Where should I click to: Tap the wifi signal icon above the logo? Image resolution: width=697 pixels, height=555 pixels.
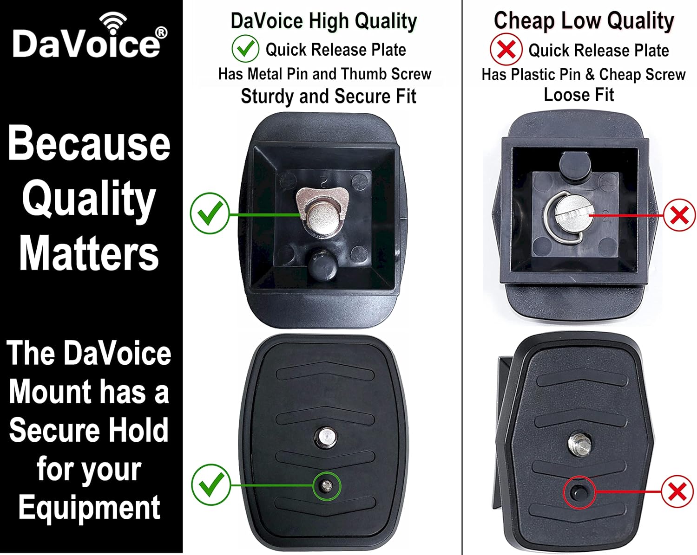pos(113,23)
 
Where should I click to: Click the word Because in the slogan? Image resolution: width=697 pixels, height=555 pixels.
pos(89,142)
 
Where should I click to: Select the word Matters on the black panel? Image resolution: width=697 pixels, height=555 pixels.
pos(89,252)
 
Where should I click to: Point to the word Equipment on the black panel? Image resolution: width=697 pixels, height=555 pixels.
pos(89,508)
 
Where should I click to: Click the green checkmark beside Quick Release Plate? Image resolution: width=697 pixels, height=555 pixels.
pos(245,49)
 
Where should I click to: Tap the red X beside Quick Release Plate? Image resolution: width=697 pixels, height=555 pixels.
pos(506,50)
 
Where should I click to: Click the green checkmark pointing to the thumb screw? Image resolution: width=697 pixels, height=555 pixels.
pos(210,213)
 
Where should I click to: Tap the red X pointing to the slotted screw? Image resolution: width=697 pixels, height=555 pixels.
pos(679,215)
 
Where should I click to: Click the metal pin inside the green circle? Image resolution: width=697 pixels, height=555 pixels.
pos(327,485)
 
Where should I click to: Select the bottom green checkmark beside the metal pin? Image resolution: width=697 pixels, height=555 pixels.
pos(211,484)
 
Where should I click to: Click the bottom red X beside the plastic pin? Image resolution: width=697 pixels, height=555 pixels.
pos(677,491)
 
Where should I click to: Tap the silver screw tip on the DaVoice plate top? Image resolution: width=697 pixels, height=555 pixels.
pos(326,437)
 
